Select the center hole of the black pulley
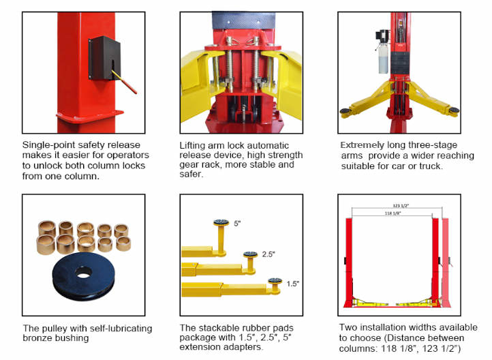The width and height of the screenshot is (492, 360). (83, 273)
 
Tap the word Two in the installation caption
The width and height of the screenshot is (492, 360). (349, 327)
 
